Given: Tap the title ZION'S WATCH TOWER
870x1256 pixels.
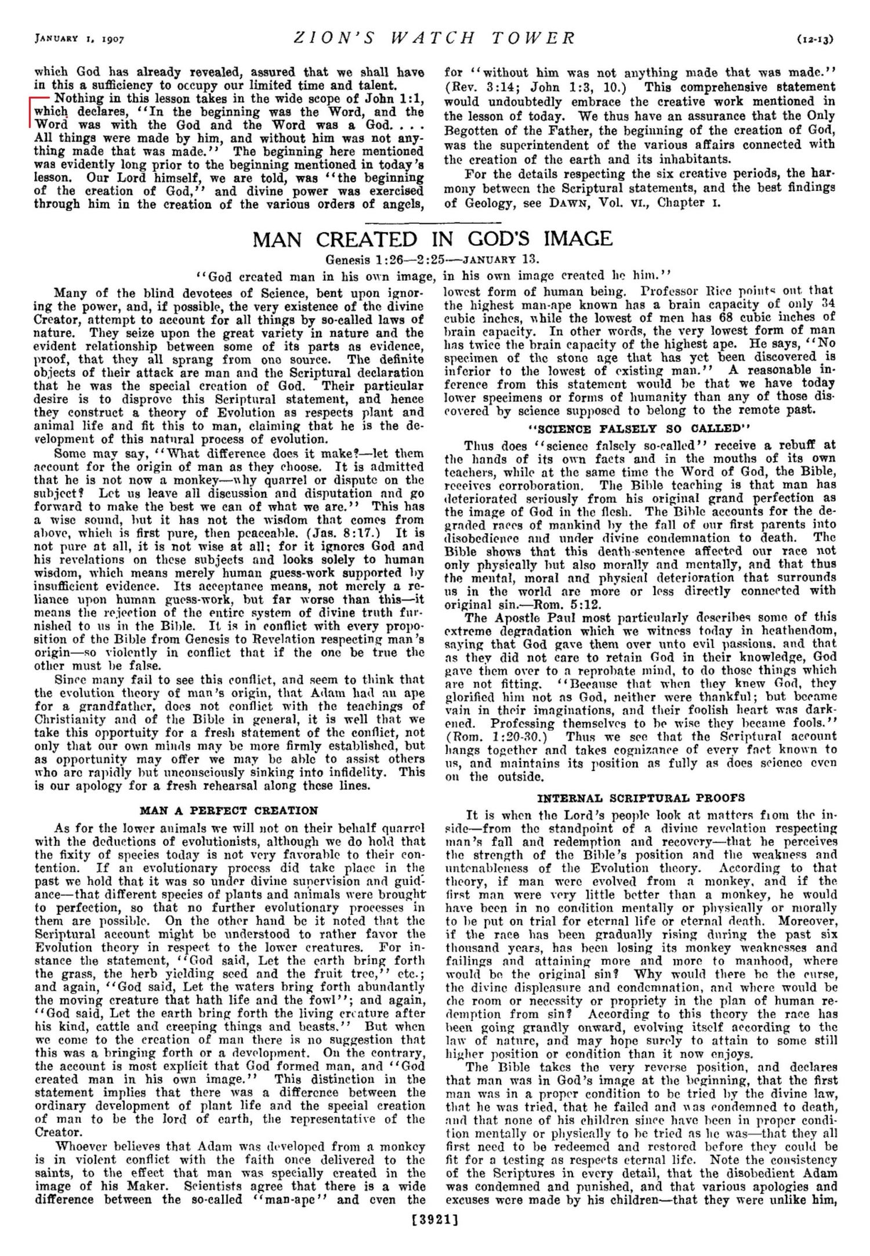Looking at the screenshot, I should [x=434, y=38].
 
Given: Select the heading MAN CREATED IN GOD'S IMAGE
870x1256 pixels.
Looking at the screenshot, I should [x=433, y=238].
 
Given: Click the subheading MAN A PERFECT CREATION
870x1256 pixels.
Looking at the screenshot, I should [x=229, y=810].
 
